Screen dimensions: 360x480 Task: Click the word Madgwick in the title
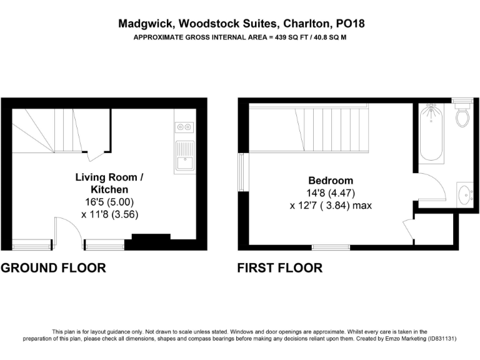(x=141, y=24)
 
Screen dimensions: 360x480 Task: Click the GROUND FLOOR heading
(x=53, y=268)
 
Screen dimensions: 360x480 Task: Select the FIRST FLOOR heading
(x=279, y=268)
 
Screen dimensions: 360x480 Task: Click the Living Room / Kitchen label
(x=109, y=183)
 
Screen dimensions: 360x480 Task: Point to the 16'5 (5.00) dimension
(x=109, y=202)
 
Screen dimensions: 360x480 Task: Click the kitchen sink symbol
(x=184, y=156)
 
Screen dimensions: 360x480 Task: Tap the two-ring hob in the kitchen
(x=184, y=127)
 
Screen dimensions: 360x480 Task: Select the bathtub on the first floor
(x=432, y=132)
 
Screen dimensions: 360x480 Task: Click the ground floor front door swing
(x=69, y=229)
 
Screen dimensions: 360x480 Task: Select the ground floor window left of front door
(x=32, y=244)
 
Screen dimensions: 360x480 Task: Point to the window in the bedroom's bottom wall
(x=331, y=247)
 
